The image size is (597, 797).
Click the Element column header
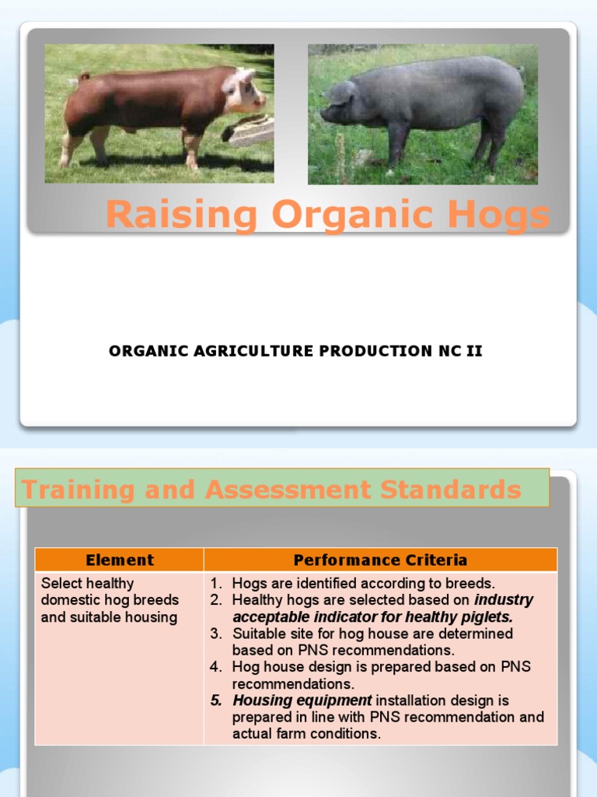120,560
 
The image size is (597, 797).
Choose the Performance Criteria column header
380,560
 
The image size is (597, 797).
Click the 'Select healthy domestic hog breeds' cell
109,600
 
